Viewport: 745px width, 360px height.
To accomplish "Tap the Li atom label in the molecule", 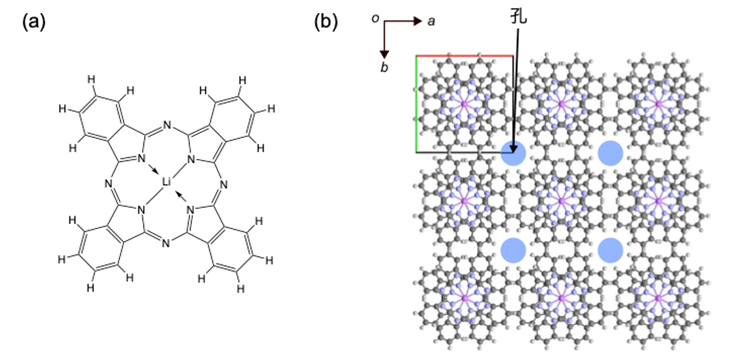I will point(166,182).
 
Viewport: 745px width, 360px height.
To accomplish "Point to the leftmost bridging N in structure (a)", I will point(108,184).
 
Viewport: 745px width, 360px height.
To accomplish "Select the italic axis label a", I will point(432,21).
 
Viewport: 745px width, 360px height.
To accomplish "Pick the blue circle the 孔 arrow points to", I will point(513,153).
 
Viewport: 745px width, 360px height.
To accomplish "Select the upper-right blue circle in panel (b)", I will point(610,153).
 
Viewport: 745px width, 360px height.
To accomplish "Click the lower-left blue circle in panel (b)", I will point(513,250).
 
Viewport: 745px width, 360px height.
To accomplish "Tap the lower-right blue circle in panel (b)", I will point(610,250).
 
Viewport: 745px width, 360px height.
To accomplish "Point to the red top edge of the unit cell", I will point(464,56).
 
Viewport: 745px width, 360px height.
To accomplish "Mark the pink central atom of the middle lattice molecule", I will point(560,201).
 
